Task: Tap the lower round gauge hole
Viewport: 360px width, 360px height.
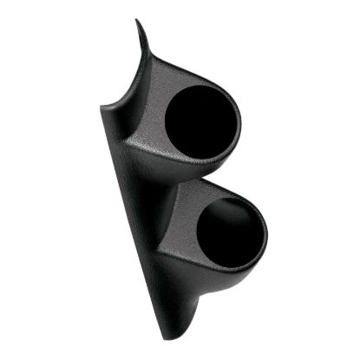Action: point(231,232)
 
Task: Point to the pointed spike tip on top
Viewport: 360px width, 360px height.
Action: point(136,21)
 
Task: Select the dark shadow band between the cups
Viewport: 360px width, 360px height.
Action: point(187,178)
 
